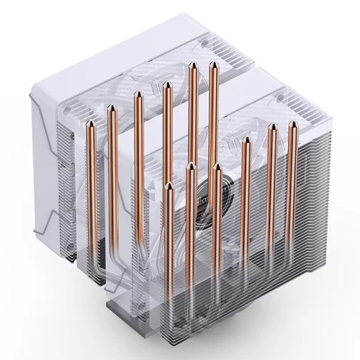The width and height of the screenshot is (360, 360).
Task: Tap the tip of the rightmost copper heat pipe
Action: (293, 124)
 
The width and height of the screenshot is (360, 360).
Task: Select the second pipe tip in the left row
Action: (112, 108)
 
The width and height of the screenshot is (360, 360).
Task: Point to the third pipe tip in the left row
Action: (138, 94)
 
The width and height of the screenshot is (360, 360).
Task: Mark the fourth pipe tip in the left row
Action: (166, 85)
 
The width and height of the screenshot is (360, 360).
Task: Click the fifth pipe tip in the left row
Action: (192, 65)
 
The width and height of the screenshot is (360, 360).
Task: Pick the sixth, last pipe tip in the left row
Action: (213, 64)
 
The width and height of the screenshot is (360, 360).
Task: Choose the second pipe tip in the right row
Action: (190, 166)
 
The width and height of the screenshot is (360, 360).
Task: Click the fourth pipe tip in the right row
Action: (247, 140)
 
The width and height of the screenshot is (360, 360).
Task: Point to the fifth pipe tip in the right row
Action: (272, 126)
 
